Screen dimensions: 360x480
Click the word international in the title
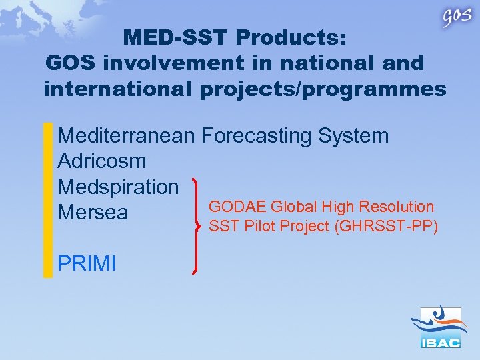pos(118,89)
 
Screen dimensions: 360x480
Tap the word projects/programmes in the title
pos(323,89)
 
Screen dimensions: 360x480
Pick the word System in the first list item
pos(353,136)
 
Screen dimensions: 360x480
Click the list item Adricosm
pos(101,161)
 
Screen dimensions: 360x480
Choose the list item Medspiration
pos(118,187)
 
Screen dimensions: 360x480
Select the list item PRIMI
pos(87,263)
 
